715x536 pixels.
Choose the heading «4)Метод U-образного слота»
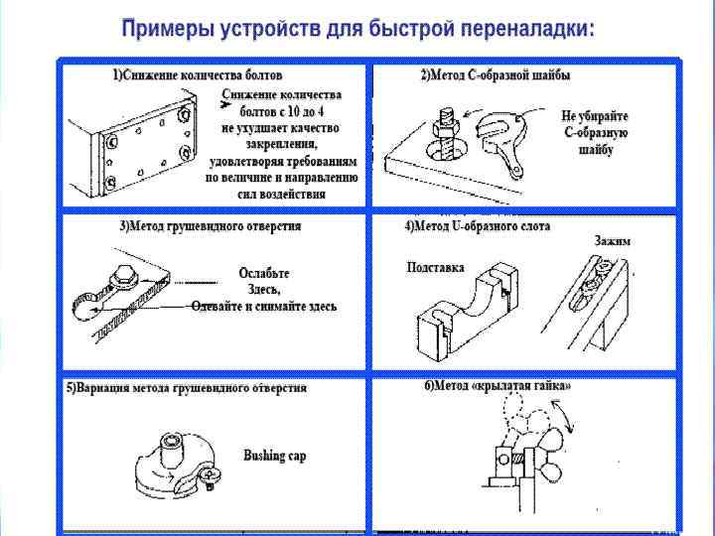pyautogui.click(x=477, y=226)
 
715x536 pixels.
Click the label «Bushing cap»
pyautogui.click(x=275, y=456)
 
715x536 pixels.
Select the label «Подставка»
pyautogui.click(x=435, y=268)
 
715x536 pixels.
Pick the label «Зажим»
pyautogui.click(x=612, y=241)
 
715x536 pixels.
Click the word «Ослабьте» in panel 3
pyautogui.click(x=265, y=273)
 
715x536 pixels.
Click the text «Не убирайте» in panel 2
pyautogui.click(x=595, y=116)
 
